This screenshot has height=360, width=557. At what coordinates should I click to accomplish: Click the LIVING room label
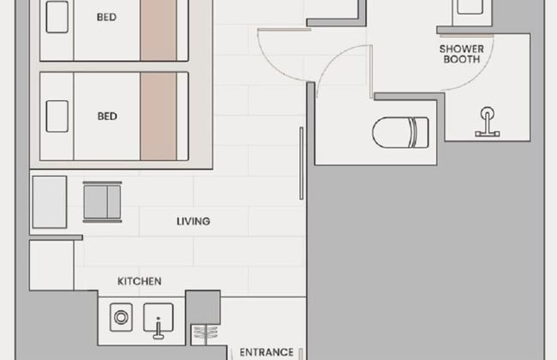point(194,221)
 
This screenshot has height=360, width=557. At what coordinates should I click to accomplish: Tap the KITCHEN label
point(139,281)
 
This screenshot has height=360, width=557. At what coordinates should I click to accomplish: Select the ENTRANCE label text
point(267,352)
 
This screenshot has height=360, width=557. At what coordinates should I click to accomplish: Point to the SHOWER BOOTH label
point(461,54)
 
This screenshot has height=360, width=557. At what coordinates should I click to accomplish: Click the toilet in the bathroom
point(400,132)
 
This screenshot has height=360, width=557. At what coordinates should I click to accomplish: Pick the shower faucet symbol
point(488,123)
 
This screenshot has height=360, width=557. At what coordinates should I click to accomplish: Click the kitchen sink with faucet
point(159,321)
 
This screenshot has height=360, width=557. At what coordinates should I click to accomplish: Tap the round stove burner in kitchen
point(121,317)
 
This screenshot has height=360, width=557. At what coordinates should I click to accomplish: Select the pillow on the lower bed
point(57,117)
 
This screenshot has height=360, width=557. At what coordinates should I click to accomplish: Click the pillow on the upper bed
point(57,17)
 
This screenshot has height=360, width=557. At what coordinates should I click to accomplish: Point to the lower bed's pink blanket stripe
point(158,117)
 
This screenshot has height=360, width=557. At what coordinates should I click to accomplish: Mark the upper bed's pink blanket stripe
point(158,30)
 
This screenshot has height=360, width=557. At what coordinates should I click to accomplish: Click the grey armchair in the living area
point(102,201)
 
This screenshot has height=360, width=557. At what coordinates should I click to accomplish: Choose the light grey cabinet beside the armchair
point(50,201)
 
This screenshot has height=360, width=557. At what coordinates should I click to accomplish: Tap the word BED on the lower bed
point(107,117)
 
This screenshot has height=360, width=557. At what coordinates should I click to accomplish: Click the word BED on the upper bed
point(106,17)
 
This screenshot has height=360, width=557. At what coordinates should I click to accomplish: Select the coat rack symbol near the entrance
point(206,334)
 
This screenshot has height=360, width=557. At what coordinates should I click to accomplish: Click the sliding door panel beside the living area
point(302,163)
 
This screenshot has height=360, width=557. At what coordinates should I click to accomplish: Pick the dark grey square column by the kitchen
point(203,307)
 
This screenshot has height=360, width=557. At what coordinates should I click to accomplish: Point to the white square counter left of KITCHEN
point(51,265)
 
